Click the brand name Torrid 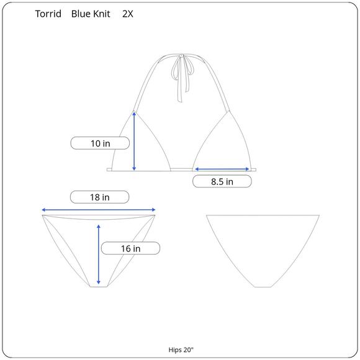[48, 14]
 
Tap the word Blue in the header [79, 14]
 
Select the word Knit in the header [101, 14]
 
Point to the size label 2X [128, 14]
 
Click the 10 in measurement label [100, 143]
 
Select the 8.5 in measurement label [222, 181]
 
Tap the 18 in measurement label [100, 197]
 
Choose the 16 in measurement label [130, 248]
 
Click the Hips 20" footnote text [181, 350]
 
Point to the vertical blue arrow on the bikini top [134, 141]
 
